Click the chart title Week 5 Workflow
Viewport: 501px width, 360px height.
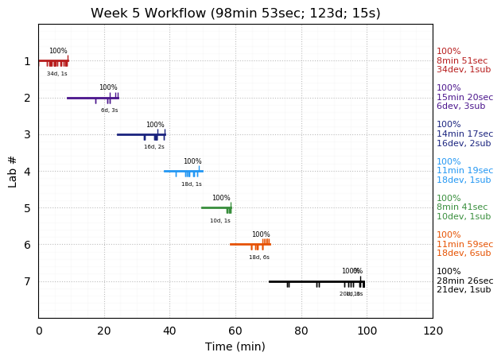click(235, 14)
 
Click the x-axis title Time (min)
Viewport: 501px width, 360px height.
click(235, 346)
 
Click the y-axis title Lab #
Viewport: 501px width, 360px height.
click(13, 171)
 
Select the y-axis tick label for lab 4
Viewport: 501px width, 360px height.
click(27, 172)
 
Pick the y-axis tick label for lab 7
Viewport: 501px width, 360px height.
click(27, 281)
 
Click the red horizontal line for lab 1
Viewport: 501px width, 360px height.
click(24, 60)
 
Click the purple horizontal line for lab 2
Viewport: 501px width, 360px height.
click(80, 98)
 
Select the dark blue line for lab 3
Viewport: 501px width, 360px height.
click(131, 134)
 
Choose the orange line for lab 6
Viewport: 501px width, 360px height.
click(243, 244)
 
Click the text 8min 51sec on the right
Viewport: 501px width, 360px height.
click(462, 61)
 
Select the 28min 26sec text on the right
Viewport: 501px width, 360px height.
click(464, 281)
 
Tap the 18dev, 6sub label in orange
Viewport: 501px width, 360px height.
click(464, 254)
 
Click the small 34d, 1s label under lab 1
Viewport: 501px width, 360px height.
click(57, 74)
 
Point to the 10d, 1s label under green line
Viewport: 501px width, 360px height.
click(220, 221)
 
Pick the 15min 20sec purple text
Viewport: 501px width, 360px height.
click(464, 98)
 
